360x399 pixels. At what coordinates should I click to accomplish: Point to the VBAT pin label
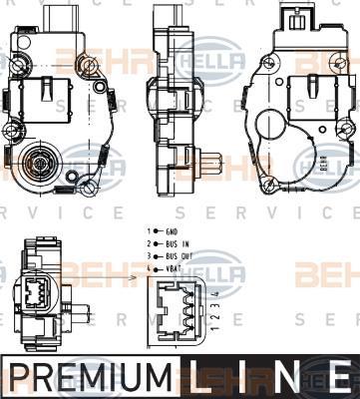pos(176,268)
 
